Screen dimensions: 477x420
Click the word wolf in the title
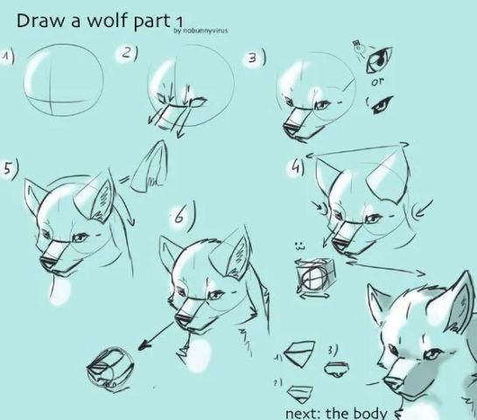click(x=107, y=20)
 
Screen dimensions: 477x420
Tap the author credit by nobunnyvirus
click(x=200, y=31)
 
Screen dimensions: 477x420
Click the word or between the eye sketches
click(x=377, y=81)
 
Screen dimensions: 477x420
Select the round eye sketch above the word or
click(x=379, y=59)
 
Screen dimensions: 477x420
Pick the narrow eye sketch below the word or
click(x=382, y=104)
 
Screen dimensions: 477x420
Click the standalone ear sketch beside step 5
click(x=149, y=167)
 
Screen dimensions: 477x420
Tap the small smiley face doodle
click(x=299, y=246)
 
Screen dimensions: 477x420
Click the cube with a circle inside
click(x=315, y=276)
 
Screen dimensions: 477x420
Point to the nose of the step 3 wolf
click(x=291, y=128)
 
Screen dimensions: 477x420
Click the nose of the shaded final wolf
click(x=392, y=381)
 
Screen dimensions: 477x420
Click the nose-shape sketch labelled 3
click(x=336, y=368)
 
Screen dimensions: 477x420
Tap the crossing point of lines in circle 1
click(x=51, y=101)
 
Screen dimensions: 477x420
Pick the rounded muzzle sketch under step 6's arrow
click(x=110, y=370)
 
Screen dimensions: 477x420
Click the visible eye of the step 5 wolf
click(x=80, y=237)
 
